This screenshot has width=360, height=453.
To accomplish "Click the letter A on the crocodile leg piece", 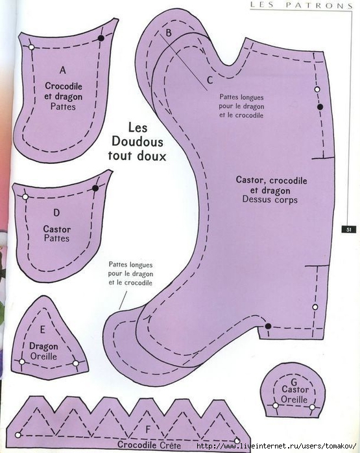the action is click(63, 70).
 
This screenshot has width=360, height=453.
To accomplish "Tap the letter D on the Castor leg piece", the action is click(56, 213).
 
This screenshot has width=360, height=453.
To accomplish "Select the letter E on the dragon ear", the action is click(43, 329).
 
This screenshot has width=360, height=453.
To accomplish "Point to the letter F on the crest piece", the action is click(148, 430).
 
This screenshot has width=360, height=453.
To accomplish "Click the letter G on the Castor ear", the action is click(294, 382).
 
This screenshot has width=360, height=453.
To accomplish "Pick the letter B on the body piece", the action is click(168, 32).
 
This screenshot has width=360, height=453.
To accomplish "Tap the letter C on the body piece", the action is click(210, 80).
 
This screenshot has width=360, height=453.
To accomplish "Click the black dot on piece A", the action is click(101, 38).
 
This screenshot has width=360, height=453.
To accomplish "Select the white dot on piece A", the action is click(32, 47).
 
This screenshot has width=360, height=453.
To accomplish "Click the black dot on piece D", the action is click(95, 189).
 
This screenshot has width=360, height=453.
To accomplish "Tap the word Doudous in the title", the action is click(138, 141).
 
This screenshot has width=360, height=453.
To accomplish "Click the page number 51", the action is click(349, 229).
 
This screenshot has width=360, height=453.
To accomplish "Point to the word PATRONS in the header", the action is click(320, 5).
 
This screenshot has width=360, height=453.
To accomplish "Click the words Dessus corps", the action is click(270, 200).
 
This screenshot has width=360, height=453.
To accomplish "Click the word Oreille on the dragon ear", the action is click(43, 356).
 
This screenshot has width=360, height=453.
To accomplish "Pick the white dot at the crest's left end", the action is click(18, 435).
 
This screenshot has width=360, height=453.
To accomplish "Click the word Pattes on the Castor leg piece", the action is click(56, 238).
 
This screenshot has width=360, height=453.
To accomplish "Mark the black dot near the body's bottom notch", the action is click(268, 326).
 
